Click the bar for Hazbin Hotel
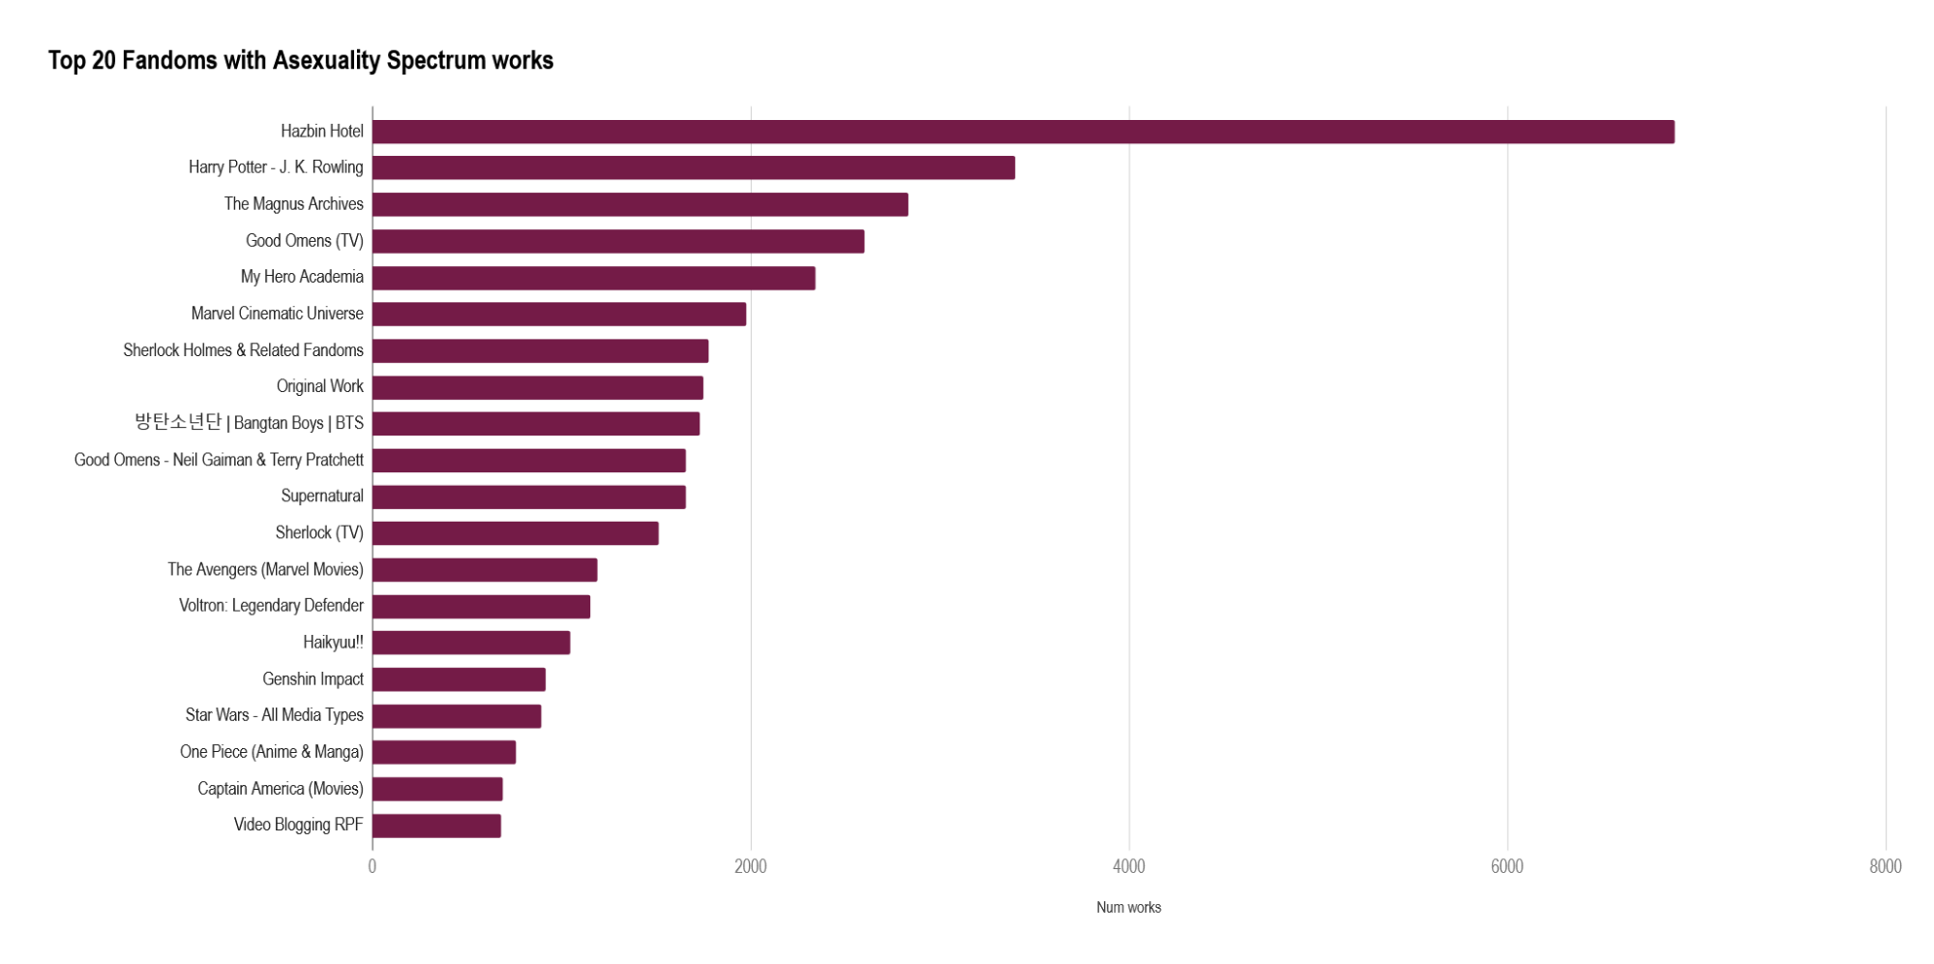(x=1023, y=132)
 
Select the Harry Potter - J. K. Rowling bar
(x=693, y=167)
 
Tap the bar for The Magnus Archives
(x=640, y=204)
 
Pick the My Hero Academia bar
(x=593, y=278)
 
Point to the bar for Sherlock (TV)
(x=515, y=533)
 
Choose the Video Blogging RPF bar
(x=436, y=826)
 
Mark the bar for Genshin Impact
(x=459, y=679)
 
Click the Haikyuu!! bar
(x=471, y=643)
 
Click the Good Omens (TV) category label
(x=304, y=241)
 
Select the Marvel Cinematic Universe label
(x=277, y=314)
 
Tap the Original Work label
(x=319, y=386)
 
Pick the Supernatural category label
(x=321, y=497)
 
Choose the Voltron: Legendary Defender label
(x=271, y=606)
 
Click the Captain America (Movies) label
(x=280, y=789)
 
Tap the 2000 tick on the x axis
(x=751, y=866)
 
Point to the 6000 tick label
(x=1506, y=866)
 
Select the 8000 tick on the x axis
(x=1885, y=866)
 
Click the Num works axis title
(x=1128, y=908)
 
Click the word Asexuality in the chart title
(x=326, y=61)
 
